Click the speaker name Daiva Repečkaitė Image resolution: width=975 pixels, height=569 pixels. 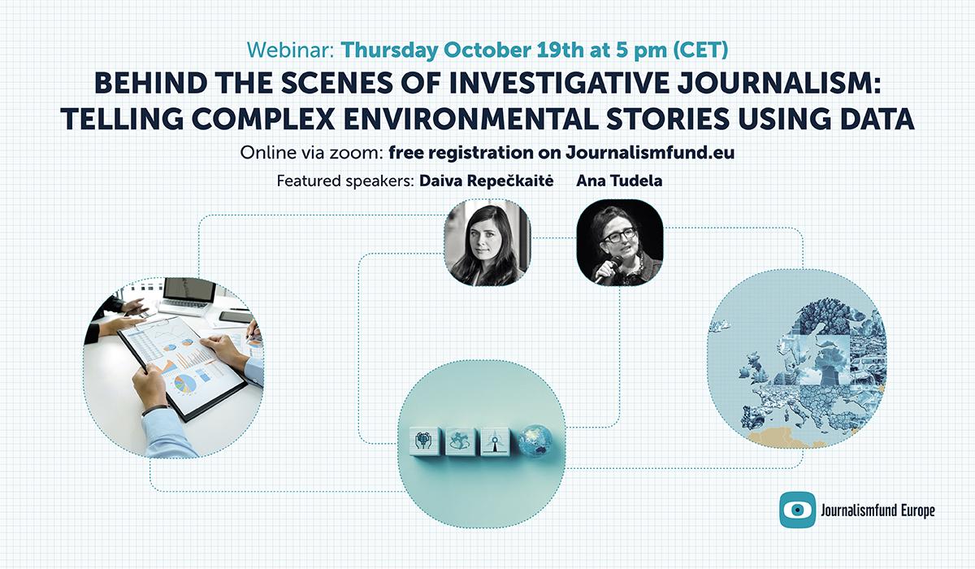tap(486, 180)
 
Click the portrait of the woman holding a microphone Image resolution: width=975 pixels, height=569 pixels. tap(619, 243)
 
